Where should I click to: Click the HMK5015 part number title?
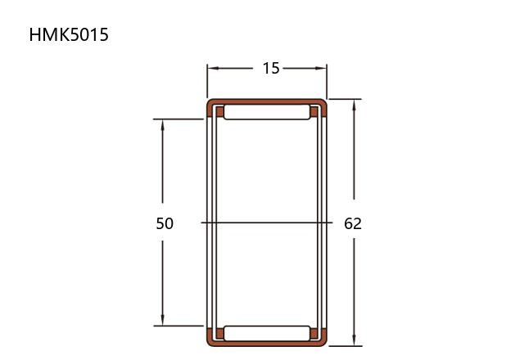tap(69, 34)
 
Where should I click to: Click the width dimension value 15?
tap(271, 68)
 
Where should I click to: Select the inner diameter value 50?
tap(165, 223)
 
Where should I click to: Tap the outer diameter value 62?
tap(353, 223)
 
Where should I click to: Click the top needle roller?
tap(267, 112)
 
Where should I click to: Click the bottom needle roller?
tap(267, 333)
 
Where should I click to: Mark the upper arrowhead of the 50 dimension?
tap(162, 125)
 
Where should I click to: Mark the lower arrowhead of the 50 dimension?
tap(162, 319)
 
